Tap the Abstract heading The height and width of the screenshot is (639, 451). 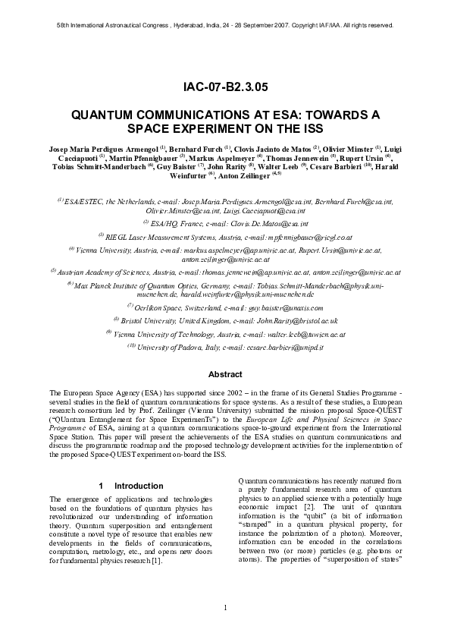pyautogui.click(x=225, y=373)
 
